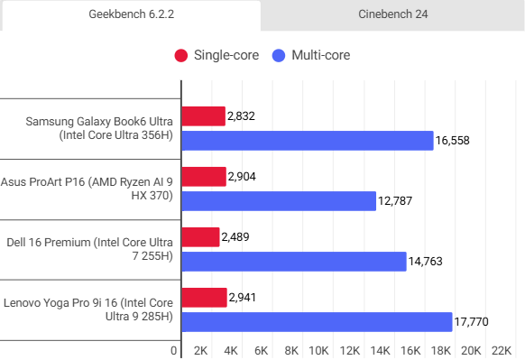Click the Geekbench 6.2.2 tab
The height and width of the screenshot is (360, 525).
[131, 15]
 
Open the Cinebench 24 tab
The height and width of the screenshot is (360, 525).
[393, 15]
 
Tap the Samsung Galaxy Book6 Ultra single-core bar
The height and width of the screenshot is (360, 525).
[204, 115]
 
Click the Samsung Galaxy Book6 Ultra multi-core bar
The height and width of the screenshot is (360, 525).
[308, 140]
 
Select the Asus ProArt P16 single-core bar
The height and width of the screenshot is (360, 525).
[204, 177]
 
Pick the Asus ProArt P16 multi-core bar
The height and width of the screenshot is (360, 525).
[279, 201]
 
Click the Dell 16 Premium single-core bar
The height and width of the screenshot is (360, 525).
[201, 237]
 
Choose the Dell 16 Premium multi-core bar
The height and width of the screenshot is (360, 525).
[294, 262]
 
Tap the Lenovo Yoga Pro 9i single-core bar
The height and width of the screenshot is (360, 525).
[205, 298]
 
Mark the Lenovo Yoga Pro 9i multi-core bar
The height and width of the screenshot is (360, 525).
[317, 322]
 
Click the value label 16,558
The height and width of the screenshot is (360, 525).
[454, 141]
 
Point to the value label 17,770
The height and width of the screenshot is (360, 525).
[473, 323]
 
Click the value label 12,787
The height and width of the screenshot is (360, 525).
[397, 201]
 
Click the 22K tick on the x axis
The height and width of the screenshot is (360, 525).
[501, 350]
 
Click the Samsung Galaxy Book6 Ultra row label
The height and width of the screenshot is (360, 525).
[99, 128]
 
